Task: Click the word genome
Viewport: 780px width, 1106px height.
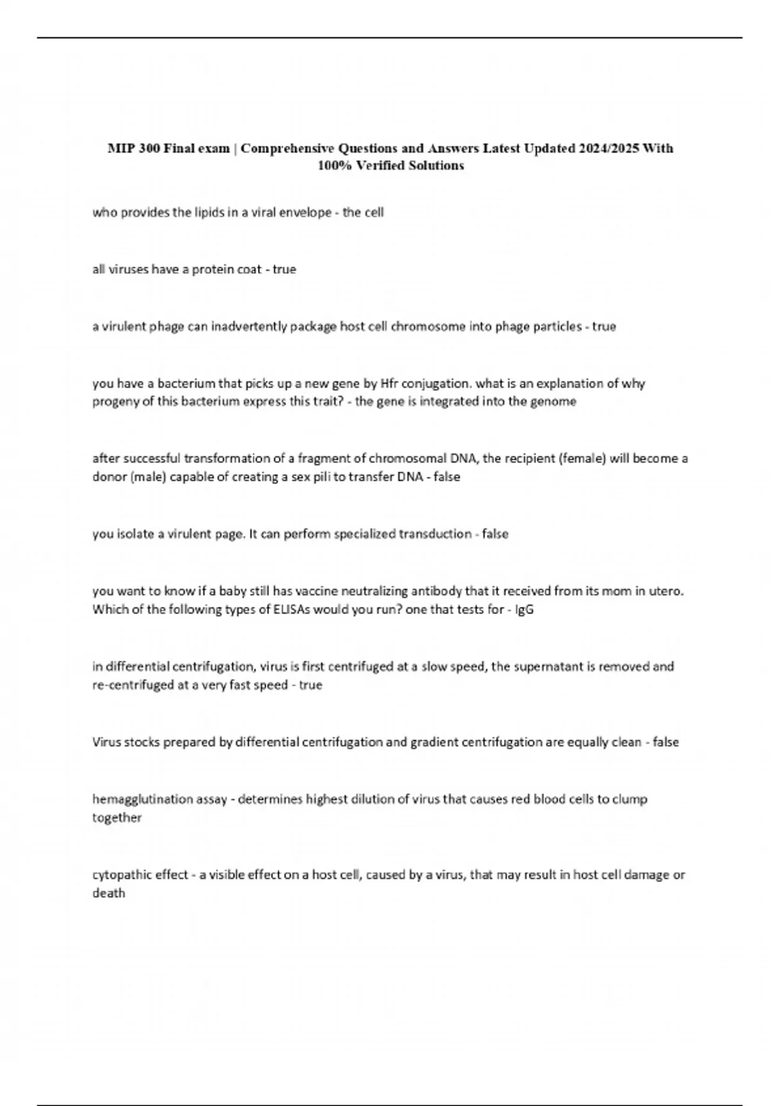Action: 556,401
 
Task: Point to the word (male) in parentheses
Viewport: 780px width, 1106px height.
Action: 150,477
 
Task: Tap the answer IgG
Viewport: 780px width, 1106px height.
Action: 525,610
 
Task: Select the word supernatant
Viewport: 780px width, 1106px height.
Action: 545,667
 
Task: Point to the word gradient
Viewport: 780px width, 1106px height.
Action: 434,742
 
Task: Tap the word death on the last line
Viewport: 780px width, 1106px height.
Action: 109,893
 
